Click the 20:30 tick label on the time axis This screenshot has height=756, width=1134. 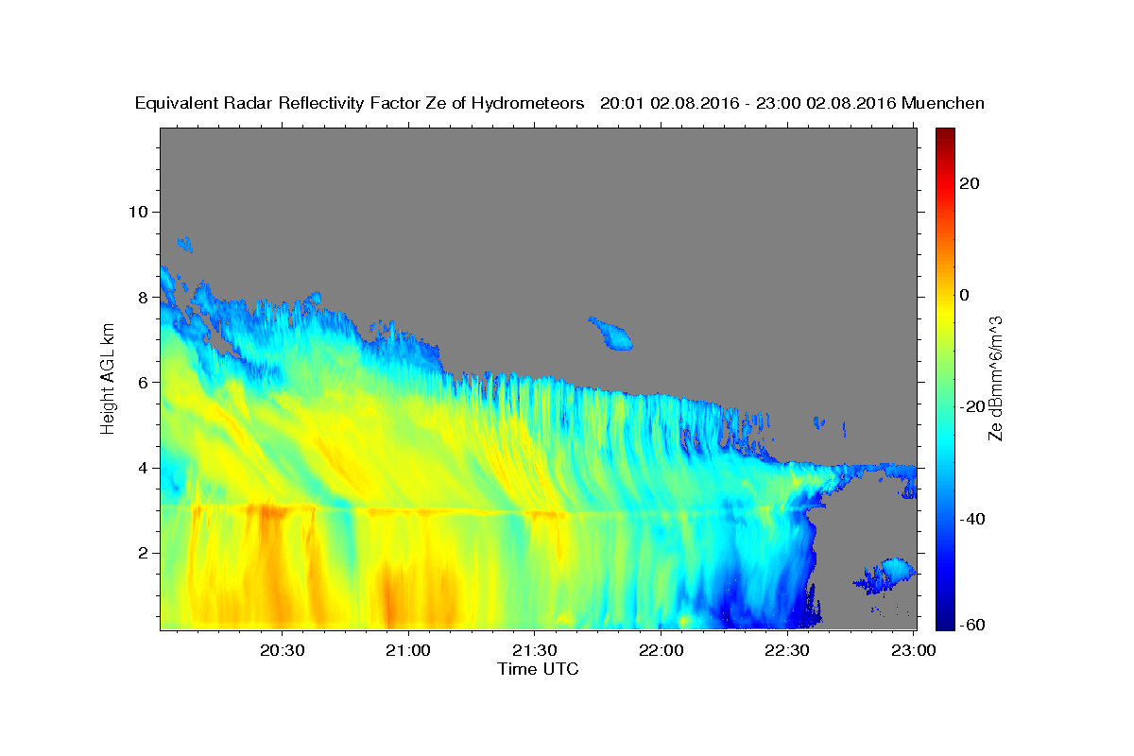click(x=282, y=650)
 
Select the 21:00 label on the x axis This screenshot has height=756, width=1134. click(x=408, y=650)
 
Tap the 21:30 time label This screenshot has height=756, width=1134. click(x=535, y=650)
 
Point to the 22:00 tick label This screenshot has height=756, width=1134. click(x=661, y=650)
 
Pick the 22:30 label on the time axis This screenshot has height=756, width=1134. click(x=786, y=650)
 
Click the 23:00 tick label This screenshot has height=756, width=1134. click(x=913, y=650)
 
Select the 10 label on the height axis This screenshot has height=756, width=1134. click(x=138, y=212)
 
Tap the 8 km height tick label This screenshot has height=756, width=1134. click(x=144, y=298)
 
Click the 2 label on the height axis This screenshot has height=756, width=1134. click(x=144, y=553)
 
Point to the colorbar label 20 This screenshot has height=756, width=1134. click(x=970, y=183)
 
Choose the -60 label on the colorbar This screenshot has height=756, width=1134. click(x=972, y=625)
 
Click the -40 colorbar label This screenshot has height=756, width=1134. click(x=972, y=519)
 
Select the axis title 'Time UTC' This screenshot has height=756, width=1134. click(x=538, y=669)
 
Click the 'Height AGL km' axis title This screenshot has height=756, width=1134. click(x=108, y=379)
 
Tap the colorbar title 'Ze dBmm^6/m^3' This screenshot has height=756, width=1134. click(x=995, y=379)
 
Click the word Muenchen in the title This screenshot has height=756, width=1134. click(x=943, y=103)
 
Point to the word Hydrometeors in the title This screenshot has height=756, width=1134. click(x=527, y=104)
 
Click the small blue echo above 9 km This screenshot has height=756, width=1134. click(x=185, y=244)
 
